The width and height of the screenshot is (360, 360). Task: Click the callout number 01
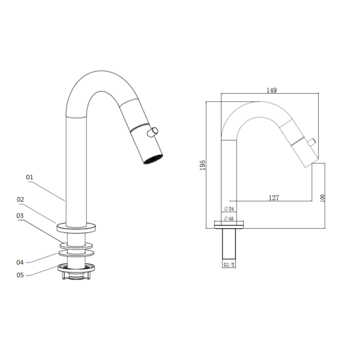[29, 177]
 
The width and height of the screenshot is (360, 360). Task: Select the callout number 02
[20, 200]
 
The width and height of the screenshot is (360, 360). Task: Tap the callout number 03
[20, 215]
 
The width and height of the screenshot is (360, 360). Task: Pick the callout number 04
[20, 262]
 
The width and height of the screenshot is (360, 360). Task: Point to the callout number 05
[20, 275]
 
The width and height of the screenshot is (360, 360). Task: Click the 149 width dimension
[272, 90]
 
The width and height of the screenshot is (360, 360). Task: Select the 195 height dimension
[203, 165]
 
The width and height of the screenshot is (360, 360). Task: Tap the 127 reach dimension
[274, 197]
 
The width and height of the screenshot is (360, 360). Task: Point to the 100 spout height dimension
[323, 198]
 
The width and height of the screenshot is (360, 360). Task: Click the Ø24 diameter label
[229, 209]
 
